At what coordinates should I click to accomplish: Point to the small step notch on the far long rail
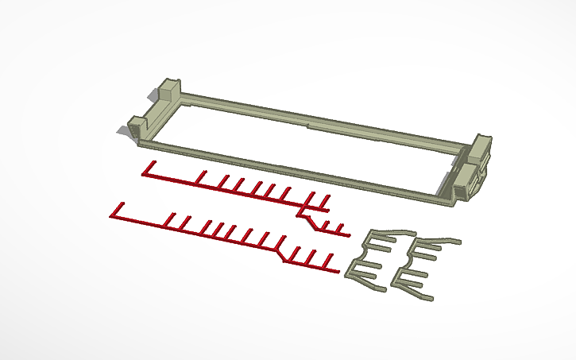tap(308, 124)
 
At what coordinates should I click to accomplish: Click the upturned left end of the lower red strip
tap(117, 210)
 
